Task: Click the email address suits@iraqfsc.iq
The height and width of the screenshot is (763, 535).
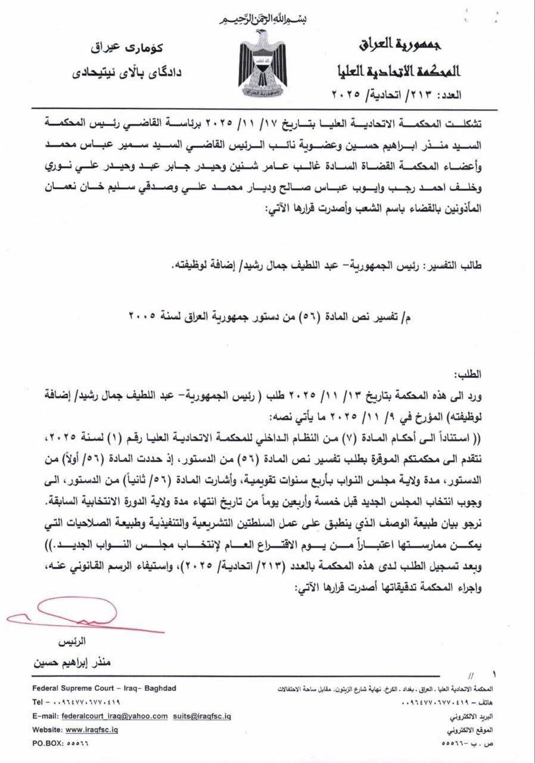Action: coord(202,716)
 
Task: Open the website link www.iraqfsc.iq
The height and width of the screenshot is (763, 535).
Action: coord(91,730)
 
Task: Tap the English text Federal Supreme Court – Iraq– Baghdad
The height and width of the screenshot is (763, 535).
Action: coord(104,688)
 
